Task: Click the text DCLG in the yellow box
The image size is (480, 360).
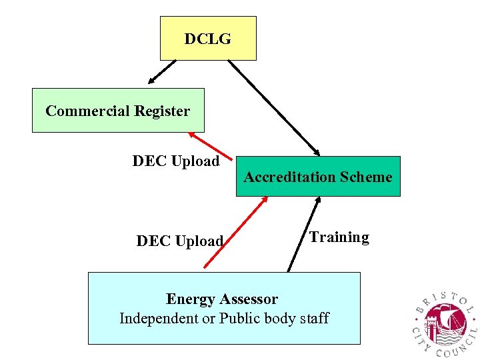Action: pyautogui.click(x=207, y=39)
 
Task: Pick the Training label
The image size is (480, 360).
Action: pyautogui.click(x=339, y=237)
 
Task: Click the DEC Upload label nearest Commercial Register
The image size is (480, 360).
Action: pyautogui.click(x=176, y=161)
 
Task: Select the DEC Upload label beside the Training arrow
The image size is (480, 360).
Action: pyautogui.click(x=179, y=241)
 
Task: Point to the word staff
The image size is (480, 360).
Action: pyautogui.click(x=313, y=319)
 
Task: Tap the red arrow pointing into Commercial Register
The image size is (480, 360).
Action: pyautogui.click(x=210, y=145)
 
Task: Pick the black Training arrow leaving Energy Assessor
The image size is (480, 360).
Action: pyautogui.click(x=300, y=234)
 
